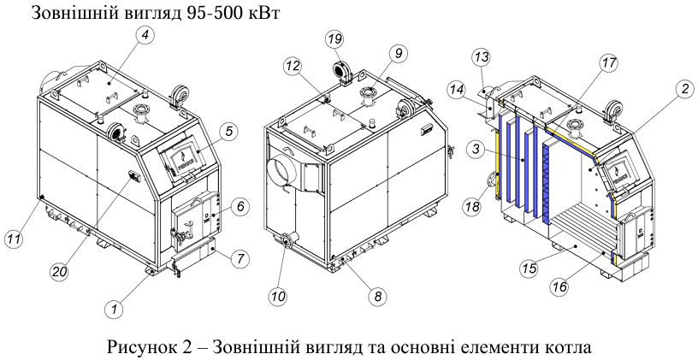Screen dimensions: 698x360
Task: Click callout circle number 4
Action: [x=145, y=36]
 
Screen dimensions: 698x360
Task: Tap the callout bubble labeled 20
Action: [x=59, y=270]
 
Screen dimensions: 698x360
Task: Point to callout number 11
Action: [x=14, y=239]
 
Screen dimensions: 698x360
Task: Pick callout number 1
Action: [x=115, y=309]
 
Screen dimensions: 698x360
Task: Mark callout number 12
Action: [x=293, y=67]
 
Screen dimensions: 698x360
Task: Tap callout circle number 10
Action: [x=278, y=296]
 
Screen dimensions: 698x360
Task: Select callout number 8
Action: [x=377, y=297]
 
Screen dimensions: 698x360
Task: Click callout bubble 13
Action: [x=482, y=57]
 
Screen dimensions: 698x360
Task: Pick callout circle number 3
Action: [x=476, y=149]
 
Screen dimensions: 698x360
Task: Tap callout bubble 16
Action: [x=559, y=286]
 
